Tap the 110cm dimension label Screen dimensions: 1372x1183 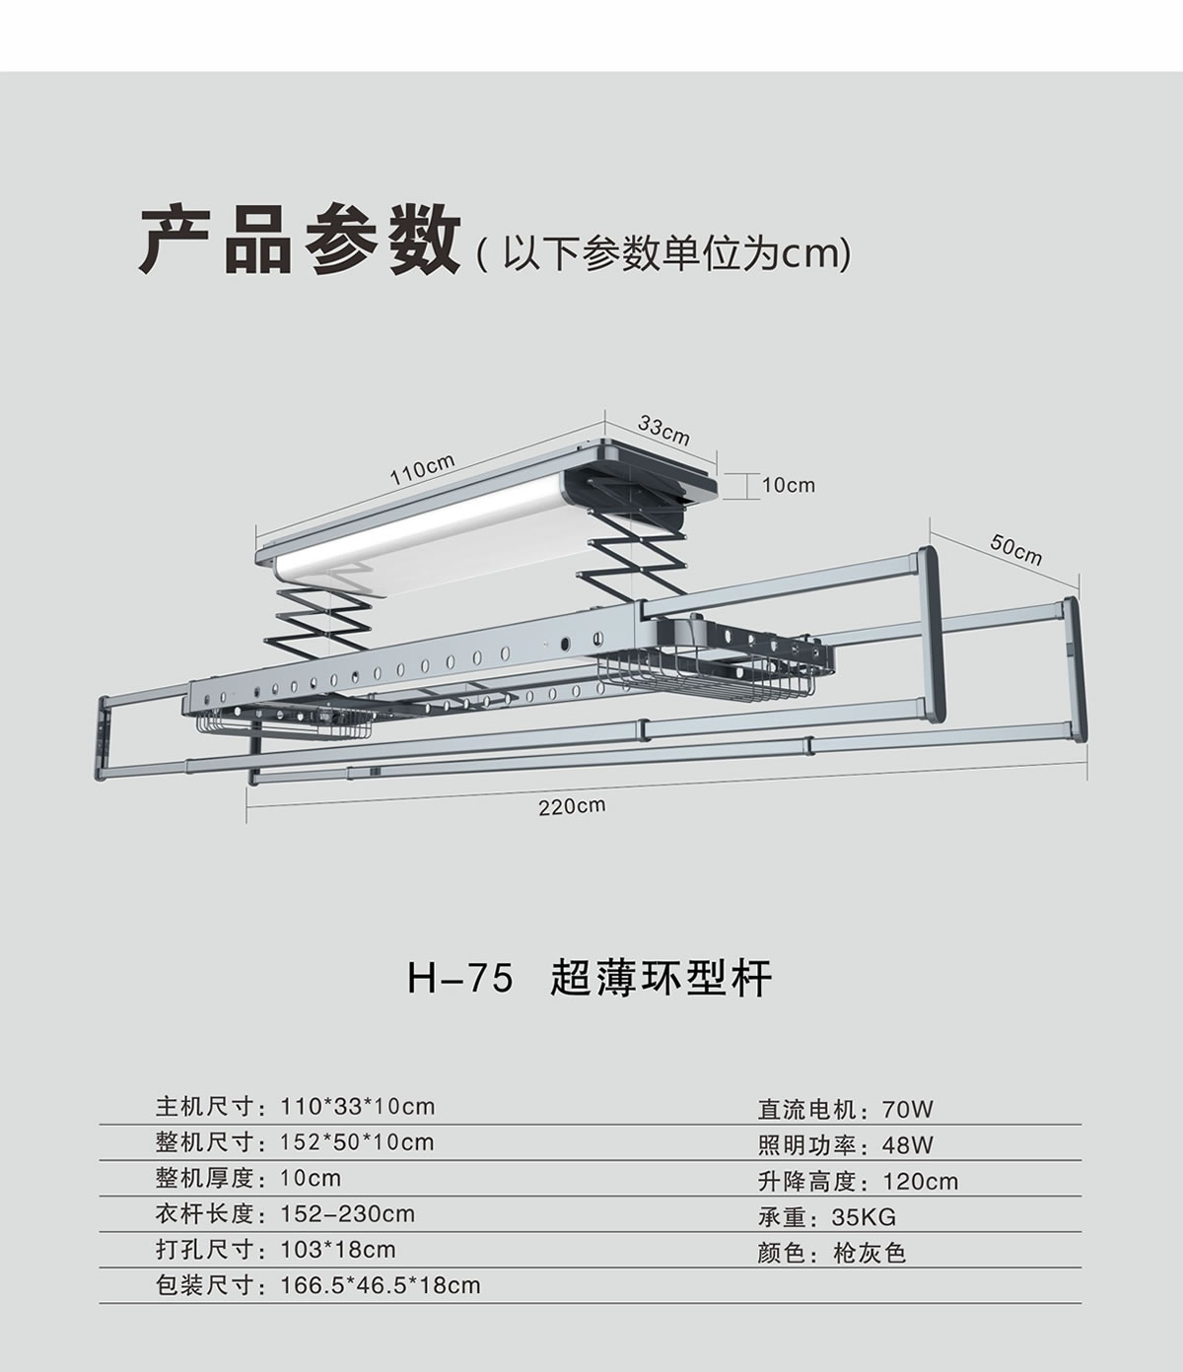coord(422,469)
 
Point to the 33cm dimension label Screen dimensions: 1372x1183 coord(663,430)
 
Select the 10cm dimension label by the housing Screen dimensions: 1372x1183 coord(788,485)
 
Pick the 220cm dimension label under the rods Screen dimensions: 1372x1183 coord(572,806)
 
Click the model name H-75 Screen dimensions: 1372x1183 coord(460,980)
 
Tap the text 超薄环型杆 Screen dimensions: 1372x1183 coord(661,980)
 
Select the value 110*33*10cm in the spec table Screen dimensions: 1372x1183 coord(358,1106)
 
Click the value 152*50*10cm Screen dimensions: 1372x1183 coord(358,1142)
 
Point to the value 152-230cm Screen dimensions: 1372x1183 coord(348,1213)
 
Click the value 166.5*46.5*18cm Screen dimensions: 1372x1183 coord(381,1285)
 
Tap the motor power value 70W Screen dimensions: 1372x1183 coord(908,1110)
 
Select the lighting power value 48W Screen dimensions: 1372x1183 coord(908,1145)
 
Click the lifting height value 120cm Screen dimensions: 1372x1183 coord(921,1182)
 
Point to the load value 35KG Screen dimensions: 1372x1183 coord(865,1217)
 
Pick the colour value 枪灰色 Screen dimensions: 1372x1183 coord(870,1254)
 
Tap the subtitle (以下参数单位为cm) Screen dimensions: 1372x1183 coord(662,254)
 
